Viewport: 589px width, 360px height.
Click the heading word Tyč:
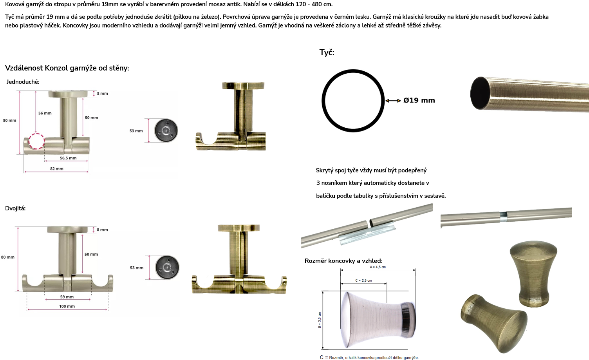(x=327, y=52)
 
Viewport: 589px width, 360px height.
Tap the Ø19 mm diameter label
(x=419, y=100)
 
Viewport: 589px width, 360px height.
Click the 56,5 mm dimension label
(x=68, y=158)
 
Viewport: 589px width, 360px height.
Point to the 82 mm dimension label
(x=57, y=168)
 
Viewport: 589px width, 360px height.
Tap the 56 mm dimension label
(x=45, y=113)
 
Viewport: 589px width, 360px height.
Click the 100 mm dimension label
(x=67, y=306)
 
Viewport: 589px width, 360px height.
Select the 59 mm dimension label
(x=67, y=297)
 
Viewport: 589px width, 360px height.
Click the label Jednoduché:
(x=23, y=82)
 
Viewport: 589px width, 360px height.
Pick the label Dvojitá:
(x=15, y=208)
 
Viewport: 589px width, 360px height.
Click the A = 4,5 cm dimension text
(x=378, y=267)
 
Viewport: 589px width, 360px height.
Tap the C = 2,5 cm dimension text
(x=364, y=280)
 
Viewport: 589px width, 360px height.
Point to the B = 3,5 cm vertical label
(x=320, y=320)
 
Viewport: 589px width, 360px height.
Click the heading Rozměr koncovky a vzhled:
(x=343, y=261)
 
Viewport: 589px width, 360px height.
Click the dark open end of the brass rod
(x=480, y=93)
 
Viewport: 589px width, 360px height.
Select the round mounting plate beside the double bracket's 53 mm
(x=167, y=268)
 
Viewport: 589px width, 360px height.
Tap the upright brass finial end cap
(x=533, y=274)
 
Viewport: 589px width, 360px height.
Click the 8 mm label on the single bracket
(x=102, y=93)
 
